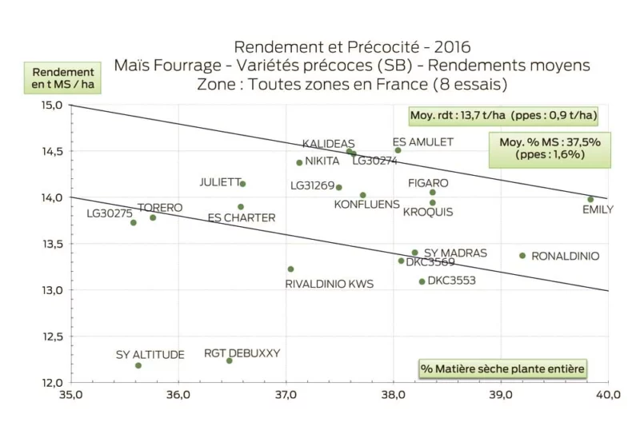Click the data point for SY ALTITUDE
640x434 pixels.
coord(138,365)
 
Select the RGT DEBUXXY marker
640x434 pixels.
coord(230,360)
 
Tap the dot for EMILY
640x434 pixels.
coord(590,199)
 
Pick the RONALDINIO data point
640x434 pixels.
coord(522,256)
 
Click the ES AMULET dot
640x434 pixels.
coord(398,150)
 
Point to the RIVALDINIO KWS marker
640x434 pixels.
coord(290,269)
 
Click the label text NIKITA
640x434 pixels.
coord(322,161)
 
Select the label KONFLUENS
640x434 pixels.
coord(366,205)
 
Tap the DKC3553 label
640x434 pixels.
coord(452,281)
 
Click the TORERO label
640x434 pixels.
coord(160,208)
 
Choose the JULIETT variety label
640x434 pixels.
coord(219,182)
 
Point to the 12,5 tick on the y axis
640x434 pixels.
coord(51,336)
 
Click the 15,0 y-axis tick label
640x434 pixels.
coord(51,106)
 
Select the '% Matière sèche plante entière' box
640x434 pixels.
coord(503,368)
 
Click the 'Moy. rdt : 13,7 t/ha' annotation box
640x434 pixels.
coord(503,116)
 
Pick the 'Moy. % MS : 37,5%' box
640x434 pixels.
coord(550,148)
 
